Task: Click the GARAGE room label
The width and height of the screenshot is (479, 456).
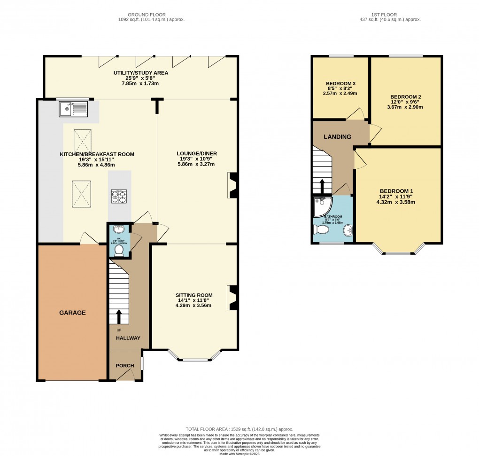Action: [72, 313]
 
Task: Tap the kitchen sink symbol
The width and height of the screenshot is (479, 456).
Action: [73, 110]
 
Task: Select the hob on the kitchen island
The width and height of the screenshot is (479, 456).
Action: [119, 196]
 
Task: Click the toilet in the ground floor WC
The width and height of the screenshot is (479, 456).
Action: [118, 251]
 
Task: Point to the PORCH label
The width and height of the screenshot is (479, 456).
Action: [124, 366]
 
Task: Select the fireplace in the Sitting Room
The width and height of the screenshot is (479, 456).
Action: [232, 298]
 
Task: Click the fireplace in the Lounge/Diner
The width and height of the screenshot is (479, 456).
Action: [232, 185]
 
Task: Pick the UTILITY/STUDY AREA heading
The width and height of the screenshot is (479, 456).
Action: [140, 73]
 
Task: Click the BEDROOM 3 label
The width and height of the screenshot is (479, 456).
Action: [340, 84]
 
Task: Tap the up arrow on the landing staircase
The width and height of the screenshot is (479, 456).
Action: [322, 186]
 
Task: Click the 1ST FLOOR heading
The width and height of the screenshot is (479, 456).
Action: [389, 15]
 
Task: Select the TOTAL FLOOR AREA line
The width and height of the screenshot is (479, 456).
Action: [239, 429]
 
